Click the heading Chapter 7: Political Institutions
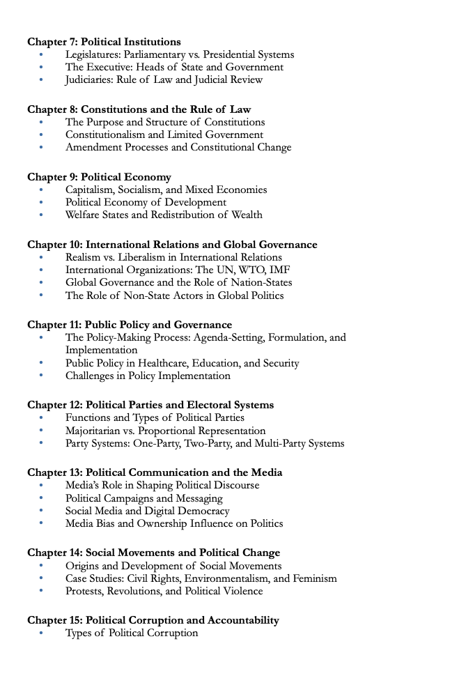click(104, 42)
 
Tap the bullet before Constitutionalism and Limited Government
click(41, 134)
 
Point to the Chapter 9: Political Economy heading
click(99, 177)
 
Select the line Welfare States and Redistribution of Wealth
click(164, 215)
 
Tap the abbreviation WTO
click(252, 270)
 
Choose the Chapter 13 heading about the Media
click(155, 472)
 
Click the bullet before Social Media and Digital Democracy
click(41, 511)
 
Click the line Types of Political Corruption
click(132, 633)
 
